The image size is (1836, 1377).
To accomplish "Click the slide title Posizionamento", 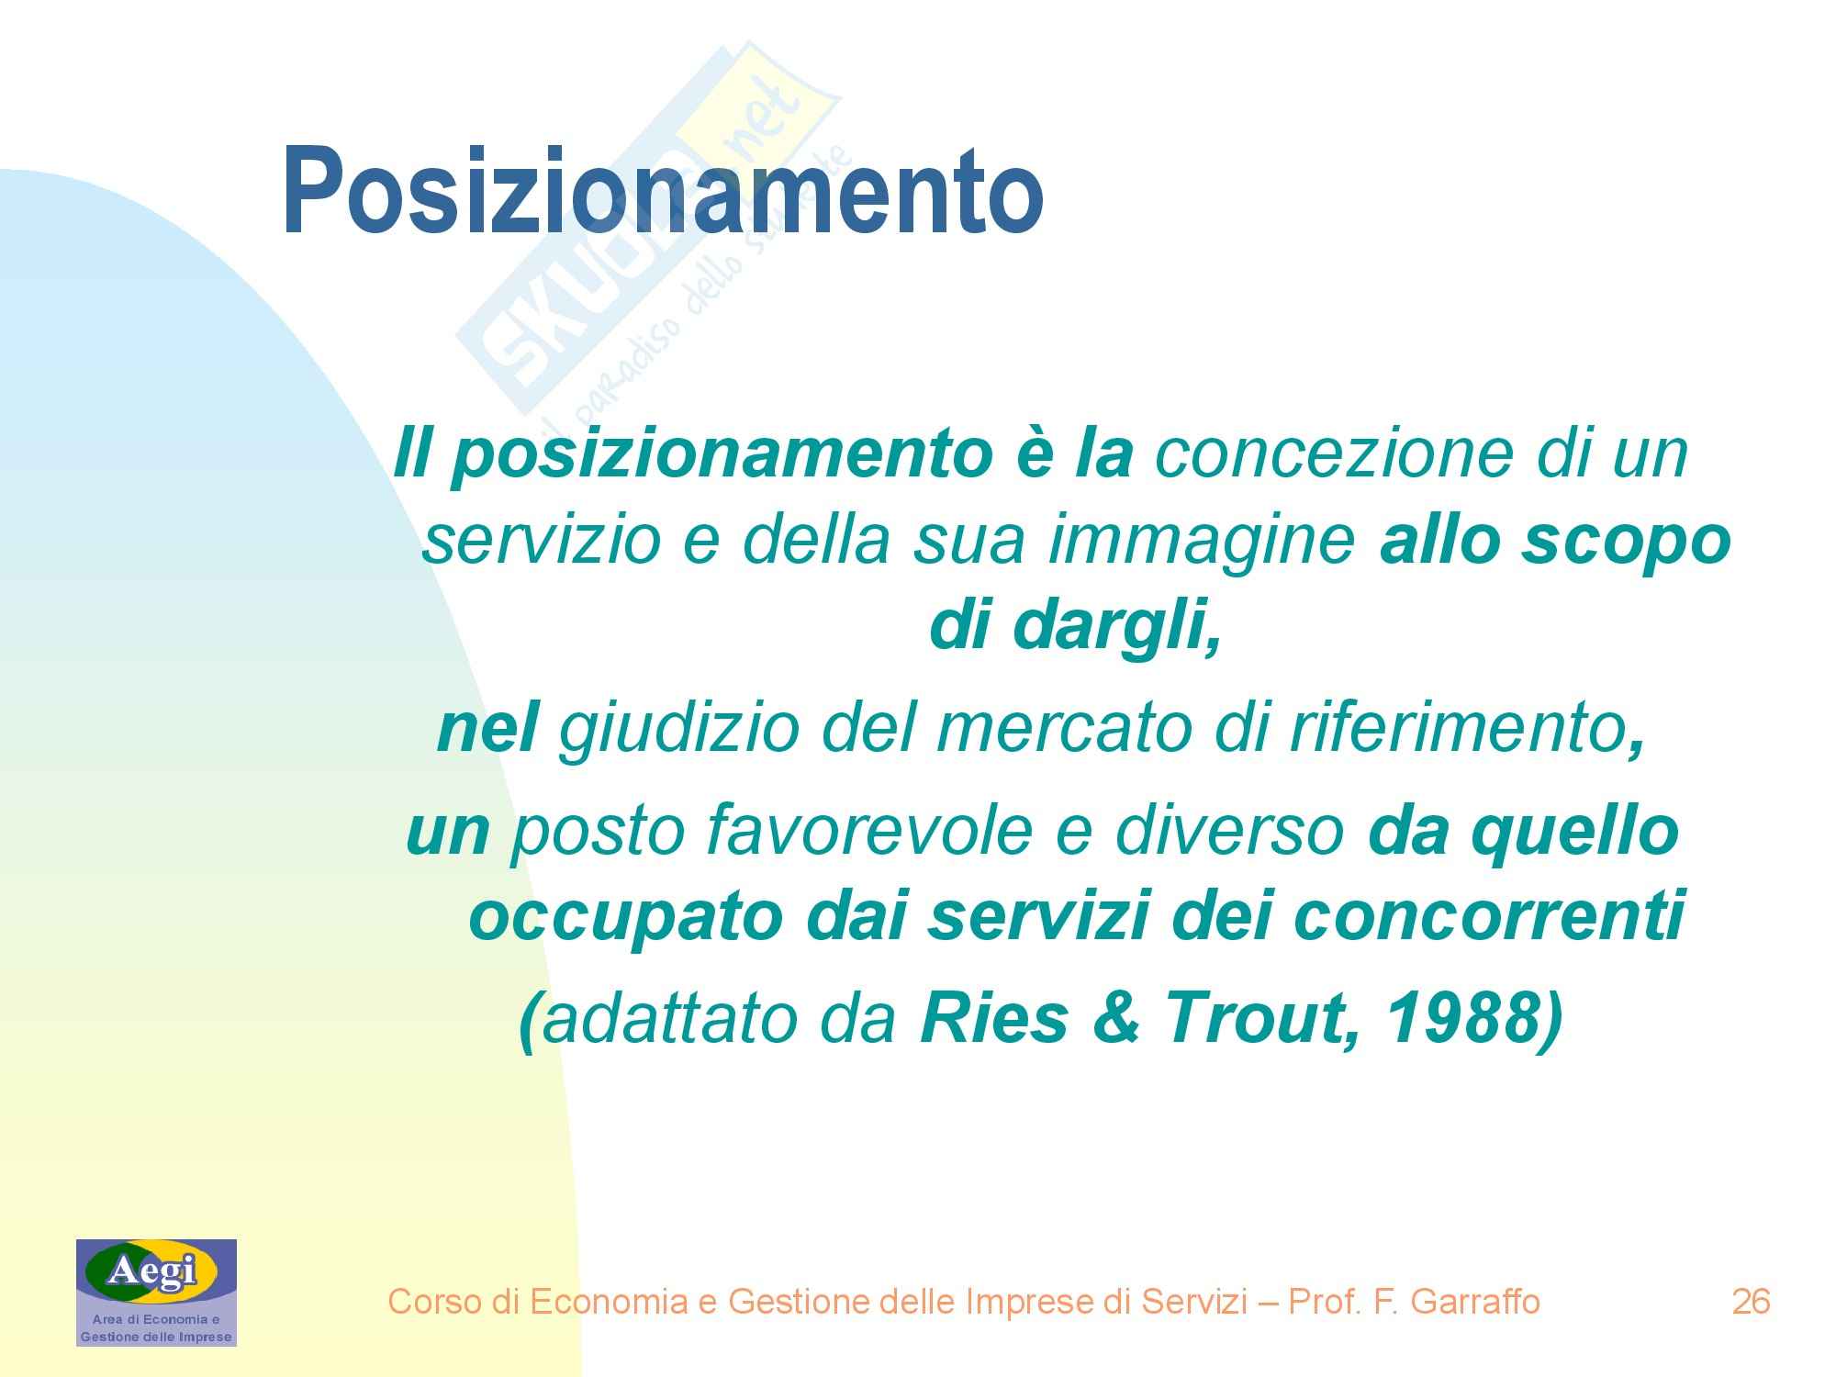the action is pos(663,191).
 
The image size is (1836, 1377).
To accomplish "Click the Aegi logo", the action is pos(156,1293).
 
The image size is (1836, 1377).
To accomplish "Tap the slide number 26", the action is pos(1750,1302).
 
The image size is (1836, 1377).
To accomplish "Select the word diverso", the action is pos(1230,832).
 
